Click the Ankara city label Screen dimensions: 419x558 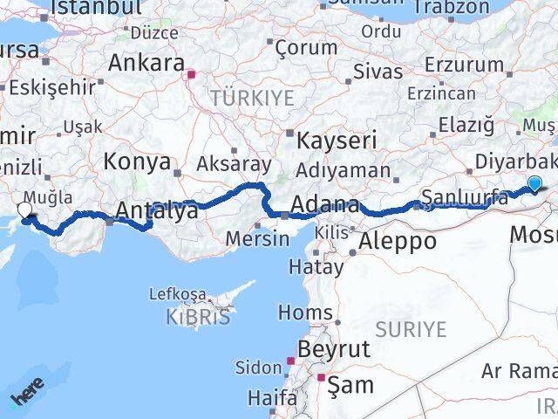point(146,63)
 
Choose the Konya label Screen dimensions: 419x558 point(137,161)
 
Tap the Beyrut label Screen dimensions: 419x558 point(335,349)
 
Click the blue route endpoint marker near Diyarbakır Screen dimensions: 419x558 point(534,184)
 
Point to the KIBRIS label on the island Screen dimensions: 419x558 point(198,317)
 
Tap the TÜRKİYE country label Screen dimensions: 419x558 point(252,98)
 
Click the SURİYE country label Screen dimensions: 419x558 point(411,329)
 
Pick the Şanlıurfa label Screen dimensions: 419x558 point(464,197)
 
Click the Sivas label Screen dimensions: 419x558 point(380,72)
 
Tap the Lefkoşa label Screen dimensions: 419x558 point(179,294)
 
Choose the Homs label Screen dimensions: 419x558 point(305,312)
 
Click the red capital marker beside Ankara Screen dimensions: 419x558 point(191,74)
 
